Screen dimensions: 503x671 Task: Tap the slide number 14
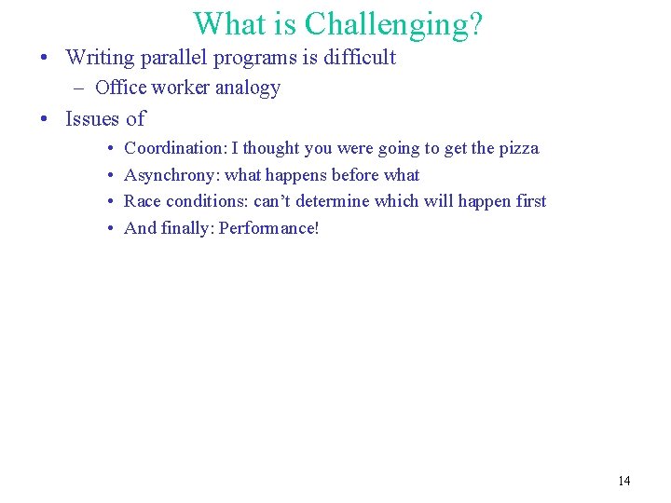(x=623, y=481)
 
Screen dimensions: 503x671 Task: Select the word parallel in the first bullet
(x=172, y=58)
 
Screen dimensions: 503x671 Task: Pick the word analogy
(x=247, y=88)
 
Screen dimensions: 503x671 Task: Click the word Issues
(x=92, y=119)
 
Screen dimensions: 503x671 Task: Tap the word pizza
(x=518, y=148)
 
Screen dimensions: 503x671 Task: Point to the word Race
(x=141, y=201)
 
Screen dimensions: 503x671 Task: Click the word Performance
(x=268, y=228)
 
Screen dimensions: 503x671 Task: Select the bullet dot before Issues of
(x=44, y=119)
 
